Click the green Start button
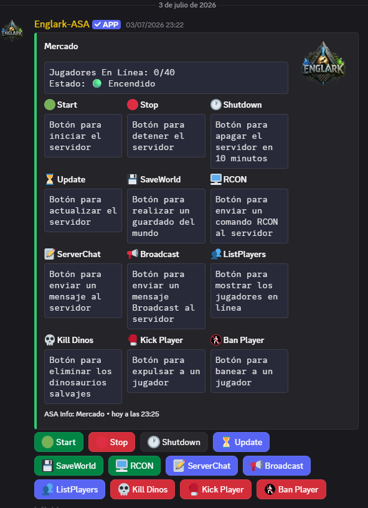pyautogui.click(x=59, y=442)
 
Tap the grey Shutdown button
pyautogui.click(x=174, y=442)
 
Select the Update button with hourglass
pyautogui.click(x=241, y=442)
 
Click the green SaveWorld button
pyautogui.click(x=68, y=466)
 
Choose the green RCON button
pyautogui.click(x=134, y=466)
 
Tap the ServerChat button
pyautogui.click(x=202, y=466)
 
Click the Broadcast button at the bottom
pyautogui.click(x=276, y=466)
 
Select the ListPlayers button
pyautogui.click(x=70, y=489)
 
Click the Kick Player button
pyautogui.click(x=215, y=489)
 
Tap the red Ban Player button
pyautogui.click(x=291, y=489)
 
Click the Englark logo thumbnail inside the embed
pyautogui.click(x=323, y=63)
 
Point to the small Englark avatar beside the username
pyautogui.click(x=12, y=31)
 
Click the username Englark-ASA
pyautogui.click(x=62, y=24)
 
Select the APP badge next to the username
pyautogui.click(x=106, y=25)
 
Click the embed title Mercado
pyautogui.click(x=61, y=46)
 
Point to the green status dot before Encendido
pyautogui.click(x=97, y=83)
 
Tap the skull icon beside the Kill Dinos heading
pyautogui.click(x=50, y=340)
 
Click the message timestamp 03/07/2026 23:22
pyautogui.click(x=154, y=25)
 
